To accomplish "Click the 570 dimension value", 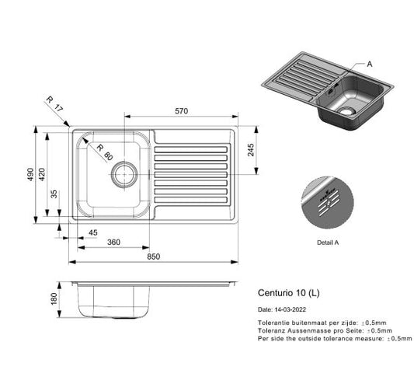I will tap(181, 112).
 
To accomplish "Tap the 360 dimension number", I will tap(113, 243).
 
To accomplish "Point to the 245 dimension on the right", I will tap(251, 150).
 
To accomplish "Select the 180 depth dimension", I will tap(54, 298).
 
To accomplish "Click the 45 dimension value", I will tap(92, 232).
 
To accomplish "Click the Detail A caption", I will tap(327, 242).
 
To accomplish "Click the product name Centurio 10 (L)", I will tap(287, 294).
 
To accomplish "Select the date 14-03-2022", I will tap(286, 309).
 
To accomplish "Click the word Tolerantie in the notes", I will tap(273, 322).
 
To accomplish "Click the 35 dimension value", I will tap(53, 194).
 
